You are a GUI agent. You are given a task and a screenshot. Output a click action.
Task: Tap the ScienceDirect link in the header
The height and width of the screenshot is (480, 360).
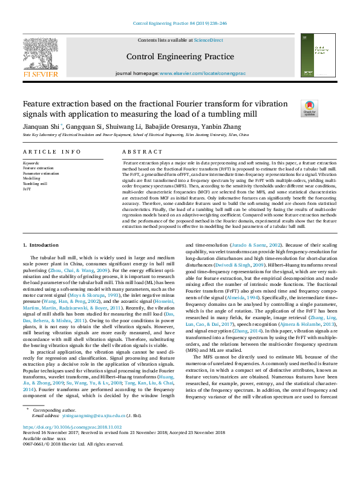(209, 40)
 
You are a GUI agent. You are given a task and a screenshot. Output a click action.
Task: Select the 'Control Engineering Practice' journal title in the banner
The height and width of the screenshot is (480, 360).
(180, 57)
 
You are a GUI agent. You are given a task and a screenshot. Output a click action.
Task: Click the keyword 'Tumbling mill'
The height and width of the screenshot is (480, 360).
(35, 184)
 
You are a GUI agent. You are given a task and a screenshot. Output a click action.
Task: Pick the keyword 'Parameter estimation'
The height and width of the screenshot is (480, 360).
(41, 174)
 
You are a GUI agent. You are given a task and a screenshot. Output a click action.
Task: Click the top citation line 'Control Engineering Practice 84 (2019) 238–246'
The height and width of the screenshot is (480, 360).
(180, 24)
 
